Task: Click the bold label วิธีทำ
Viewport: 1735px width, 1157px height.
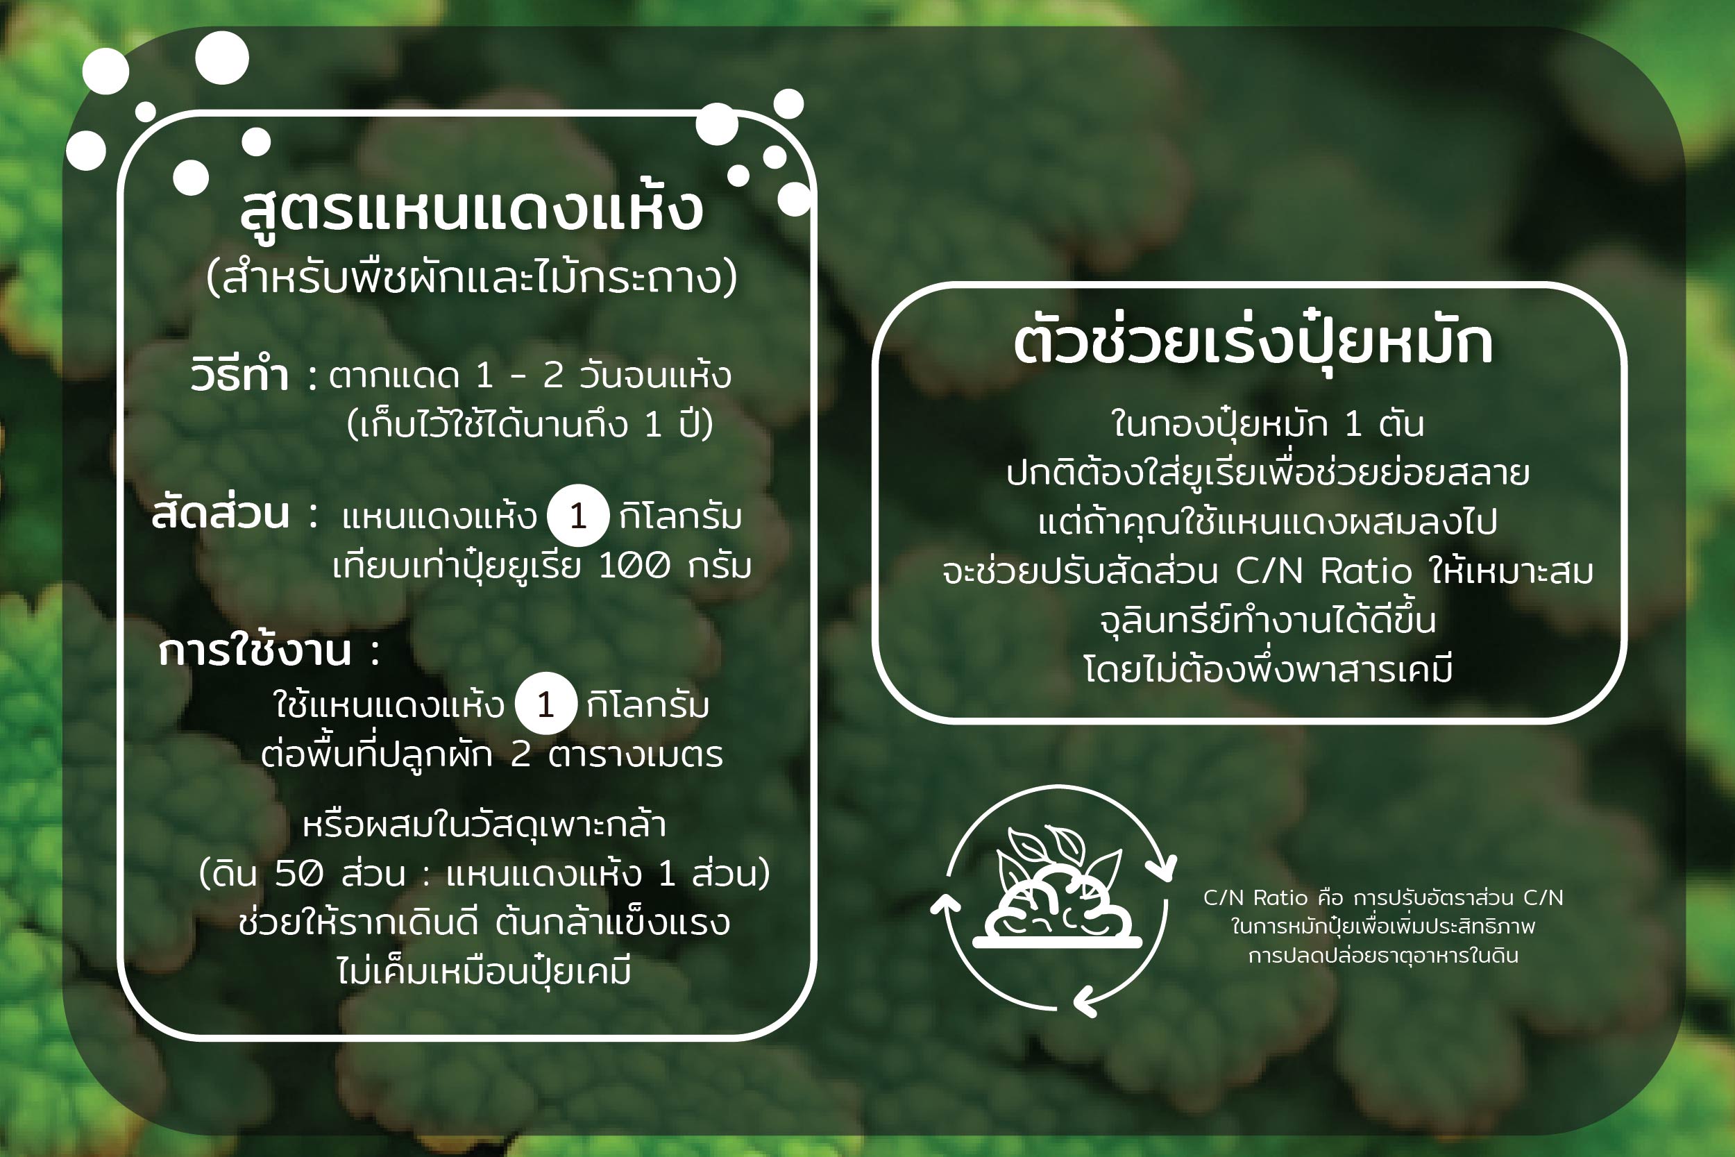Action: (x=239, y=374)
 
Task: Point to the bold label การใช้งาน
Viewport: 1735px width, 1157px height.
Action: (x=255, y=652)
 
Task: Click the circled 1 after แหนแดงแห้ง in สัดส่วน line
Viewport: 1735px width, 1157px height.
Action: (x=577, y=515)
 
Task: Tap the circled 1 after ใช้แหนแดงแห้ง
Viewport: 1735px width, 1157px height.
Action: (x=545, y=704)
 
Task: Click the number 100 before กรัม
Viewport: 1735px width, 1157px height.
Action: (x=634, y=566)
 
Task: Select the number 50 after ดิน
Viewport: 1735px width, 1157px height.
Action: (x=298, y=874)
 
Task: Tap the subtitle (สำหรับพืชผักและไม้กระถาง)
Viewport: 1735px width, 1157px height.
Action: (x=472, y=278)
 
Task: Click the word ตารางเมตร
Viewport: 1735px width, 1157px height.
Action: (x=635, y=755)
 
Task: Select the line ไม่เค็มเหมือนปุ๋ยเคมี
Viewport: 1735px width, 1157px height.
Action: (x=484, y=971)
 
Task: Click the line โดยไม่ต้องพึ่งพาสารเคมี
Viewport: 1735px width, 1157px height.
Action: (x=1268, y=668)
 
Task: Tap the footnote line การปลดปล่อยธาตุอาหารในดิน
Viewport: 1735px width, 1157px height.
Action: (x=1383, y=956)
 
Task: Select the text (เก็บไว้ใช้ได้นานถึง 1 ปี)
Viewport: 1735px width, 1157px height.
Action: (x=530, y=423)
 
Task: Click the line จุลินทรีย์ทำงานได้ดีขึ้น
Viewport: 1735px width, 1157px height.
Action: (x=1267, y=619)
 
